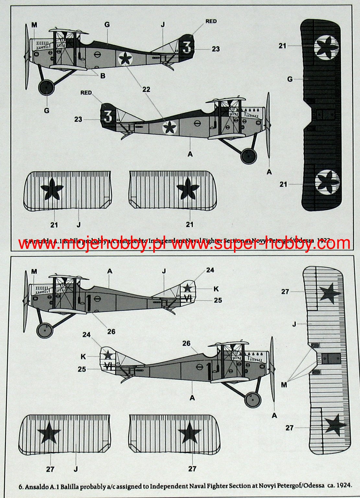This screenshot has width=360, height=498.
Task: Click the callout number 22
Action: pos(146,89)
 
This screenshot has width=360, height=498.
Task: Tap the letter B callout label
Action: pos(103,76)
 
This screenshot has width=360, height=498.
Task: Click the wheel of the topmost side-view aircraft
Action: pos(46,87)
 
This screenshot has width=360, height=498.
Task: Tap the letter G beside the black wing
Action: pos(290,79)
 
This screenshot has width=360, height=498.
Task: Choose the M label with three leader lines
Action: pos(284,385)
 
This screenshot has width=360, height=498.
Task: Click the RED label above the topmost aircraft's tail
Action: pos(211,21)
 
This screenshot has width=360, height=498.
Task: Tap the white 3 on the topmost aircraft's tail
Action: pos(186,47)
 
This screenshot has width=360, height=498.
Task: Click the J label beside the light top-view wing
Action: pos(294,323)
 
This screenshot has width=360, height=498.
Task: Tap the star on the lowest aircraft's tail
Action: pos(108,355)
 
